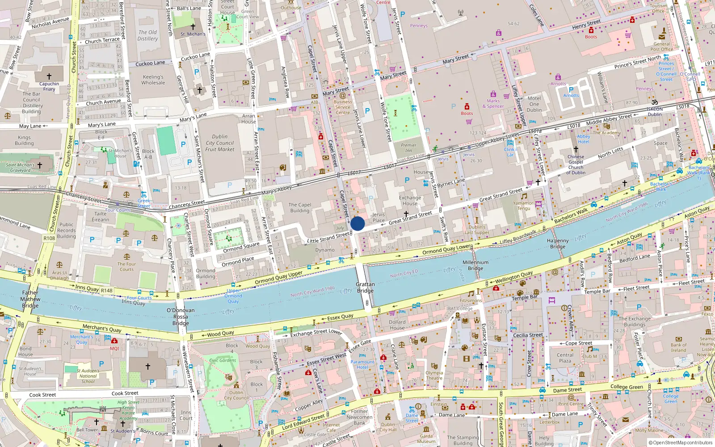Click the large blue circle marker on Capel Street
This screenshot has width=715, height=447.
(357, 223)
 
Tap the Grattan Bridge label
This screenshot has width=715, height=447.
(365, 287)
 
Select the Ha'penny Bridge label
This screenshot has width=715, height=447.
(558, 244)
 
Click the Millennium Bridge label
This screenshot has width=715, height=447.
(475, 266)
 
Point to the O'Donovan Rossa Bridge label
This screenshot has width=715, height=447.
(181, 316)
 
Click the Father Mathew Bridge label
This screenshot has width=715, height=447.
(30, 299)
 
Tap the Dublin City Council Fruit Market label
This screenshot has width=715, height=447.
(219, 143)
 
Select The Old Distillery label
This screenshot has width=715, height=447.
(147, 35)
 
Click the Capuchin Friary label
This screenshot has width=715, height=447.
(49, 86)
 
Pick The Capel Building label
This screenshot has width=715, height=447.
(300, 207)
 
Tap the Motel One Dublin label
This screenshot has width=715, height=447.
(534, 104)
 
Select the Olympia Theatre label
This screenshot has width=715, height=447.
(434, 375)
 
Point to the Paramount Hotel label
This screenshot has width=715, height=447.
(362, 364)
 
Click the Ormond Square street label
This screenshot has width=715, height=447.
(241, 248)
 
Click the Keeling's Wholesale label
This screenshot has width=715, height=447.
(153, 80)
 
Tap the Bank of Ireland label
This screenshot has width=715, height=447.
(678, 347)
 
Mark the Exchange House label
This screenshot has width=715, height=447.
(410, 200)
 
